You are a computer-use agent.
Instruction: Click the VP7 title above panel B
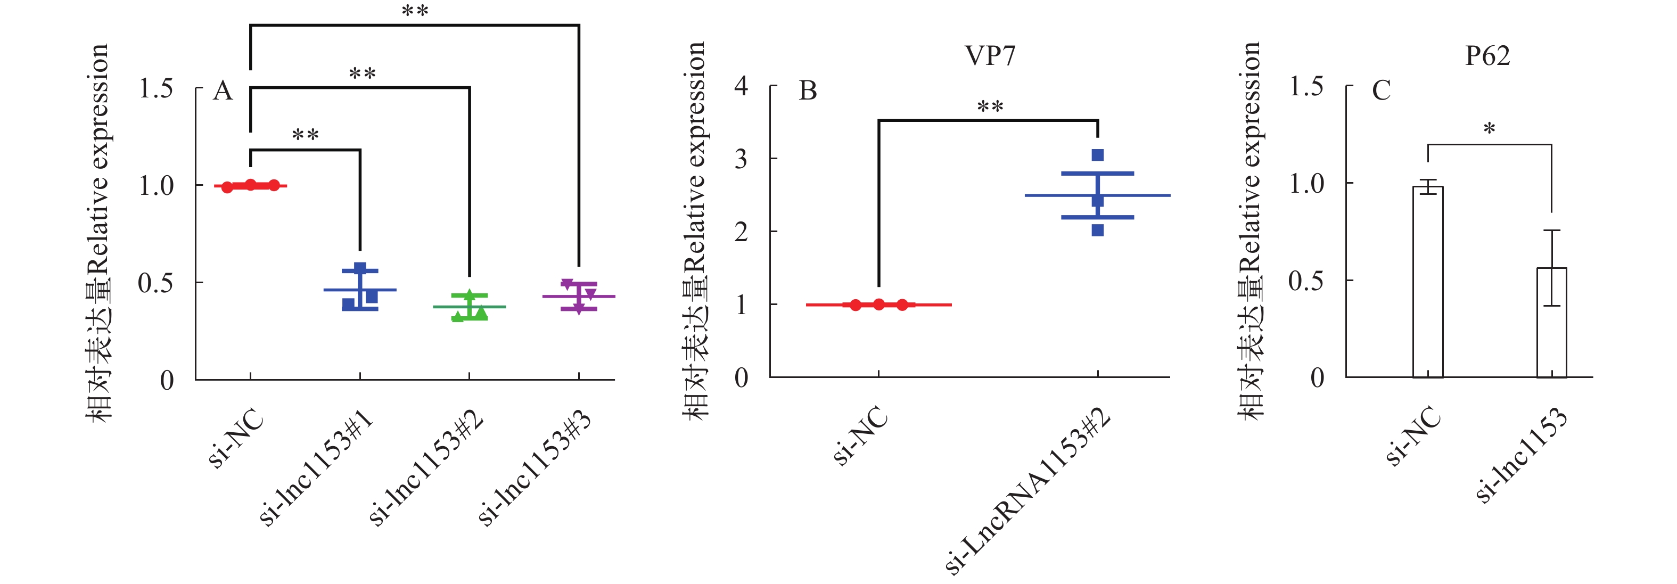coord(990,56)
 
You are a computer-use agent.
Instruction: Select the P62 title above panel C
coord(1487,56)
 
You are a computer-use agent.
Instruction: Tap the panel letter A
coord(223,91)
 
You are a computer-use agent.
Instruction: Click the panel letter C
coord(1381,91)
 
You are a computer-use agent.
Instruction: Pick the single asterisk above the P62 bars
coord(1489,129)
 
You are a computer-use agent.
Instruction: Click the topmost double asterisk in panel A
coord(415,11)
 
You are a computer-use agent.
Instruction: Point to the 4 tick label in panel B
coord(741,86)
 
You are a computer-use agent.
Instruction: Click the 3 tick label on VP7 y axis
coord(741,159)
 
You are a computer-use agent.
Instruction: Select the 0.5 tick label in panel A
coord(155,283)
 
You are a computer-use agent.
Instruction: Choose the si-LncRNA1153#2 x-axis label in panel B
coord(1027,491)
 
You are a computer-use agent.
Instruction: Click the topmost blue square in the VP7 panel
coord(1098,155)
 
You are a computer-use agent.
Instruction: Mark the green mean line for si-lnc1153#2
coord(491,307)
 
